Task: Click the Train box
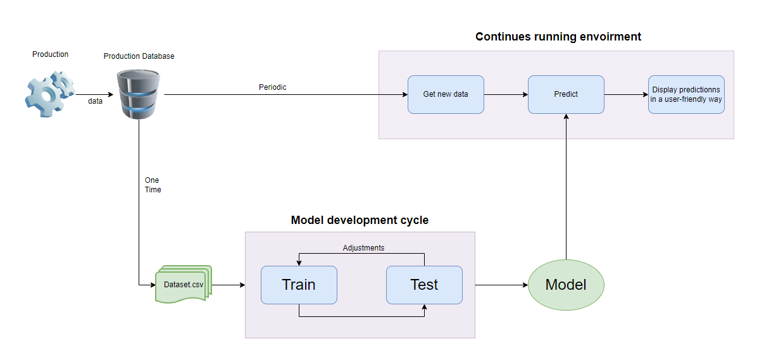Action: click(x=299, y=285)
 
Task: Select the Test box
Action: click(x=424, y=285)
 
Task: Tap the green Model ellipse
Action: click(x=566, y=285)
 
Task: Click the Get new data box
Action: click(x=446, y=94)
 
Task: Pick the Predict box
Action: click(x=566, y=94)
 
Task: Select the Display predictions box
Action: click(x=686, y=94)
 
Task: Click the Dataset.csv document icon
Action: click(x=184, y=284)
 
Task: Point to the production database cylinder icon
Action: click(x=138, y=94)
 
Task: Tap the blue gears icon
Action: click(x=49, y=91)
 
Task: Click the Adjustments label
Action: click(x=363, y=248)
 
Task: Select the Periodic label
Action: click(x=272, y=87)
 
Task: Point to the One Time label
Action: click(x=153, y=185)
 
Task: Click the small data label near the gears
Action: click(x=95, y=101)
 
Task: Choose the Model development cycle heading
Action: click(x=360, y=220)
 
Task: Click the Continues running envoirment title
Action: click(x=558, y=37)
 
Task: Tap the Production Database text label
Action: click(x=139, y=56)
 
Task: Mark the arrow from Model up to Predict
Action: click(x=566, y=190)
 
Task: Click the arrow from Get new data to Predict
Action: click(x=506, y=95)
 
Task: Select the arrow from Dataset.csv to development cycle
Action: click(x=229, y=285)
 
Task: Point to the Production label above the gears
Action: click(x=50, y=54)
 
